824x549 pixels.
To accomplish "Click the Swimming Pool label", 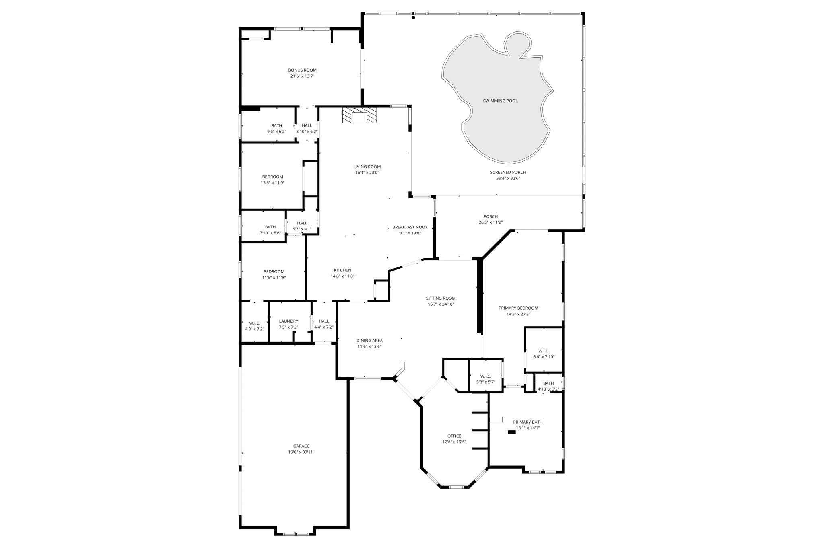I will coord(500,101).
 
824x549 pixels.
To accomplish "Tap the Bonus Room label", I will coord(302,70).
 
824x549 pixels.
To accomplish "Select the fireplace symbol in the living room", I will coord(360,115).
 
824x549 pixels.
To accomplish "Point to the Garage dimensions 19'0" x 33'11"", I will coord(301,452).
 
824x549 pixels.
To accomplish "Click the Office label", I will coord(454,436).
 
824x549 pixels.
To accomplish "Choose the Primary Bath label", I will coord(527,422).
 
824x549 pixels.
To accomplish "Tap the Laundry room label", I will coord(288,321).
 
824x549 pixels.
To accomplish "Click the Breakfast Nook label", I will coord(410,227).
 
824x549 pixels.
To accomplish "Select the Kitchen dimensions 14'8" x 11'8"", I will coord(342,276).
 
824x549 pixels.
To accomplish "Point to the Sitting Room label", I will coord(441,298).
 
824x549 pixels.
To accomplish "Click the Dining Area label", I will coord(369,341).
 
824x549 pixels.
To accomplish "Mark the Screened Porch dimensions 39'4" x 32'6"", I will coord(508,178).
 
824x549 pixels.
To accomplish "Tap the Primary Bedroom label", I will coord(518,308).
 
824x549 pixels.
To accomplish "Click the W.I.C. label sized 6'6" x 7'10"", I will coord(544,351).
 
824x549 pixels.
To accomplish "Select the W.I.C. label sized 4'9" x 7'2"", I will coord(254,323).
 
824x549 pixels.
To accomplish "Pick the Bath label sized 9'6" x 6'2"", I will coord(276,126).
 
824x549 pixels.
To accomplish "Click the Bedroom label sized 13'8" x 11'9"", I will coord(272,177).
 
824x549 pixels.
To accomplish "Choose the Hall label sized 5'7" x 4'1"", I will coord(302,223).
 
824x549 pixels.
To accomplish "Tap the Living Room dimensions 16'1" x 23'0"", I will coord(367,173).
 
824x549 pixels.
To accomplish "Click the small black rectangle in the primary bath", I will coord(511,432).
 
